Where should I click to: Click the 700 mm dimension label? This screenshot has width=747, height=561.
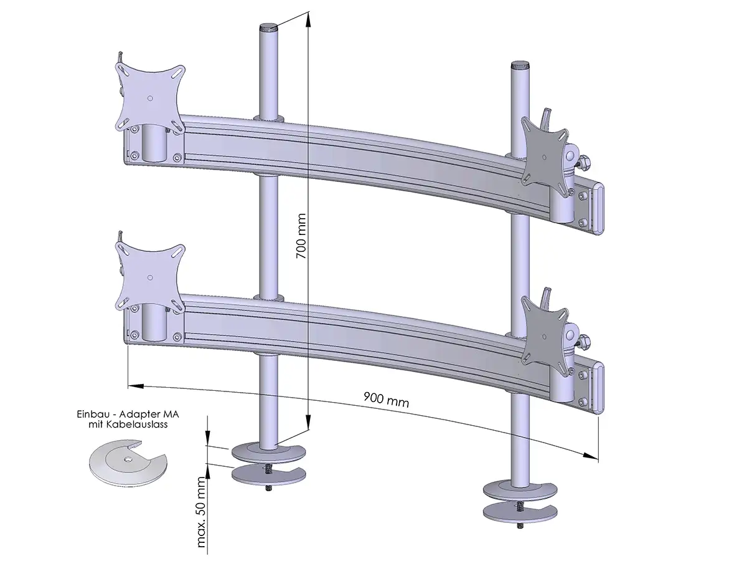[x=301, y=236]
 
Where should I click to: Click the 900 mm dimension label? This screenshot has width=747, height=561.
[x=387, y=400]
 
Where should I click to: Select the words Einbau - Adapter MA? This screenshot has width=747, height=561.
[x=128, y=415]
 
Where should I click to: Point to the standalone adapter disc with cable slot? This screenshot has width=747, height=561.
[x=128, y=462]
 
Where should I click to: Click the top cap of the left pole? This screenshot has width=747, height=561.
[x=269, y=27]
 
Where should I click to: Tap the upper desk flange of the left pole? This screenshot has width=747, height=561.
[x=268, y=452]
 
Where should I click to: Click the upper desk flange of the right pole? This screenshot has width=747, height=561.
[x=520, y=491]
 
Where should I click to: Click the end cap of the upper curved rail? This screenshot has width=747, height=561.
[x=599, y=209]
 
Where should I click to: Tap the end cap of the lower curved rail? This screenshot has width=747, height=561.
[x=599, y=388]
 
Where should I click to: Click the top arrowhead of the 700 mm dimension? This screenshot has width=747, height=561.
[x=308, y=19]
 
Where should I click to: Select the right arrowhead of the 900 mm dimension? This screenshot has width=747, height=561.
[x=591, y=456]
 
